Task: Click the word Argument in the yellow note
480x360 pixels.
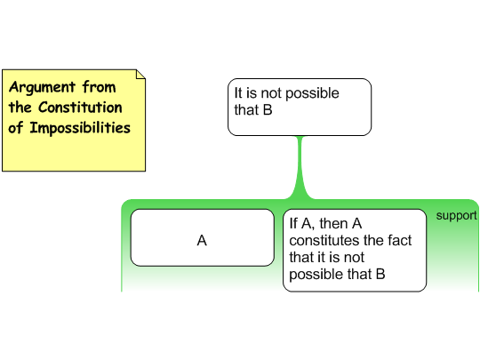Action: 42,87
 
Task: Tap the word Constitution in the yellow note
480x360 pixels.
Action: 80,108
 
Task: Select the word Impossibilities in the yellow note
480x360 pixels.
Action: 80,128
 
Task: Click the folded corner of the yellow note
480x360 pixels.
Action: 140,75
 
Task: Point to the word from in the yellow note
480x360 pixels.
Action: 100,87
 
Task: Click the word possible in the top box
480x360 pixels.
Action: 312,93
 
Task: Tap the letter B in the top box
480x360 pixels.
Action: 268,110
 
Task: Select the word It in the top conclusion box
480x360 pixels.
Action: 238,93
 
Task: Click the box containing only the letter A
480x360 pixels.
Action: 203,238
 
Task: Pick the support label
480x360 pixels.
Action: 456,216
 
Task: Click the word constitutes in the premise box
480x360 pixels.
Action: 324,241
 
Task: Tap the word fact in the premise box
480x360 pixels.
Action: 400,240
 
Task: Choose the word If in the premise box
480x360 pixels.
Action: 293,223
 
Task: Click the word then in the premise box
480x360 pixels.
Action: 332,223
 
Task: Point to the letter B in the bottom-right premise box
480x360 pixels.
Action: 380,275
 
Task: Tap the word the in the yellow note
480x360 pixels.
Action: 20,108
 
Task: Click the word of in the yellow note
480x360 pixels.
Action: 16,128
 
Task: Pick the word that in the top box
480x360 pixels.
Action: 246,110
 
